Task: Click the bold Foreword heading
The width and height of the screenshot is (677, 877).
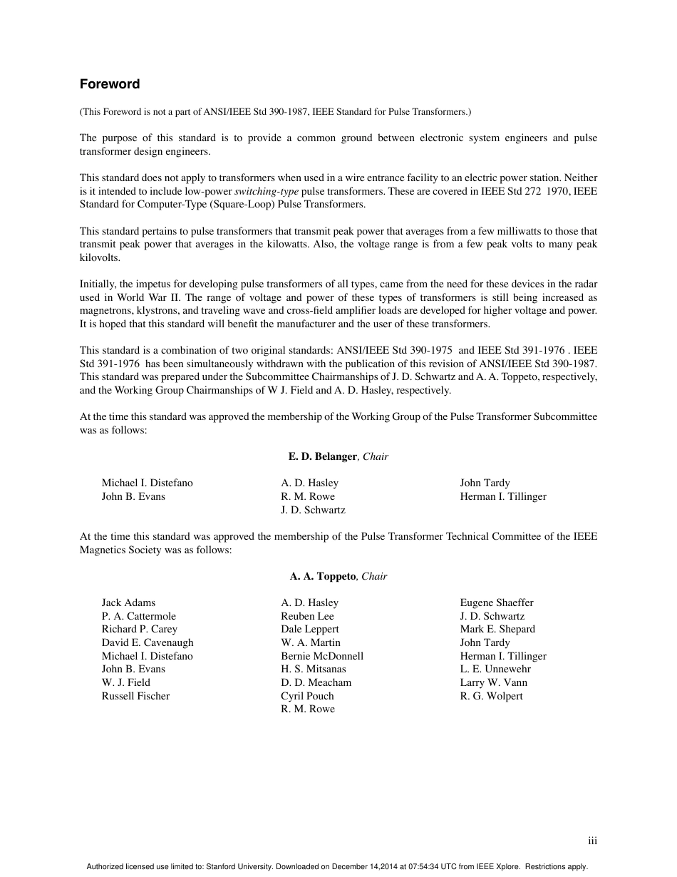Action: point(110,84)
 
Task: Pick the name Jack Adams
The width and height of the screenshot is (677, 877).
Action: point(128,602)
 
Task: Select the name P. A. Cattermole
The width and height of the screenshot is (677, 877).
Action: point(138,616)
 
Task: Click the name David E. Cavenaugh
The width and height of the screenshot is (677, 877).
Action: point(148,642)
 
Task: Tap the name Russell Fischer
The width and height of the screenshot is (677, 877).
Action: point(135,696)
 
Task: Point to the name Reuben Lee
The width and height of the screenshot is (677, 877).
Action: point(307,616)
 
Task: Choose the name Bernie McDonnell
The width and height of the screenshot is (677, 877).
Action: point(322,656)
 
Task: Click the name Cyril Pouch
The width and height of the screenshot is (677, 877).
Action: point(307,696)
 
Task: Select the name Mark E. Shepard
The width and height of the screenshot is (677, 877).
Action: point(497,629)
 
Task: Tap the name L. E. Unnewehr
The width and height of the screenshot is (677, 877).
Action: point(495,669)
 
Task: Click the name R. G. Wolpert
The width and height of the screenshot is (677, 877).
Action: point(491,696)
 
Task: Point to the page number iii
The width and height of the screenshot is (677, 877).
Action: point(592,841)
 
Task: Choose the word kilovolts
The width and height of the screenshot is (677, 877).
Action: point(100,257)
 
